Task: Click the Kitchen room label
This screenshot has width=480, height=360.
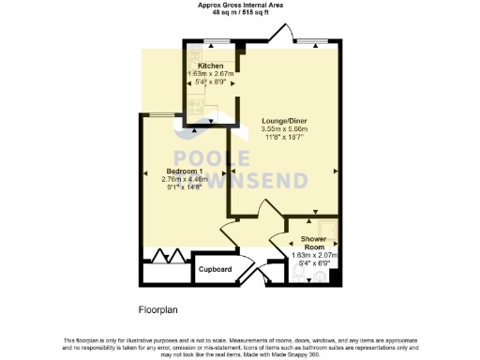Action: pos(210,66)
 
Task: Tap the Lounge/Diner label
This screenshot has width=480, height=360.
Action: pos(287,121)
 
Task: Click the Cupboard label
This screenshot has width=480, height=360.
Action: pos(215,269)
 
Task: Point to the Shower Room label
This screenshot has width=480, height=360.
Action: pos(313,243)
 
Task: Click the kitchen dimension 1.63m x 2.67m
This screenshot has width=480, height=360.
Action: pos(210,74)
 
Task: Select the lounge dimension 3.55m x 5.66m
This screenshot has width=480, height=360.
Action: pos(287,129)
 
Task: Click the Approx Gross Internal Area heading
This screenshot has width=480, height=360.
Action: pos(239,5)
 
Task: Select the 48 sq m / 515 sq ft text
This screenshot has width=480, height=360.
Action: pos(239,13)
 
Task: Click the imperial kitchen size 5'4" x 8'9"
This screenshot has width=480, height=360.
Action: pos(210,82)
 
